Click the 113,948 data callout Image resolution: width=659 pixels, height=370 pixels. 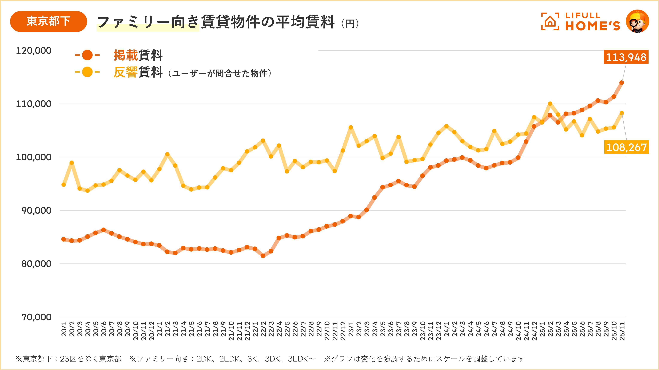click(x=626, y=57)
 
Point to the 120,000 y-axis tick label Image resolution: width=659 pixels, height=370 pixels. click(x=33, y=51)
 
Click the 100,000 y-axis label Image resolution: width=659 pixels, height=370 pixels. click(x=33, y=157)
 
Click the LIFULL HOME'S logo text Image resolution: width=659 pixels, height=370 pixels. click(x=592, y=22)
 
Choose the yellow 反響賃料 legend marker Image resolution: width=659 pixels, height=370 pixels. click(x=87, y=72)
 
